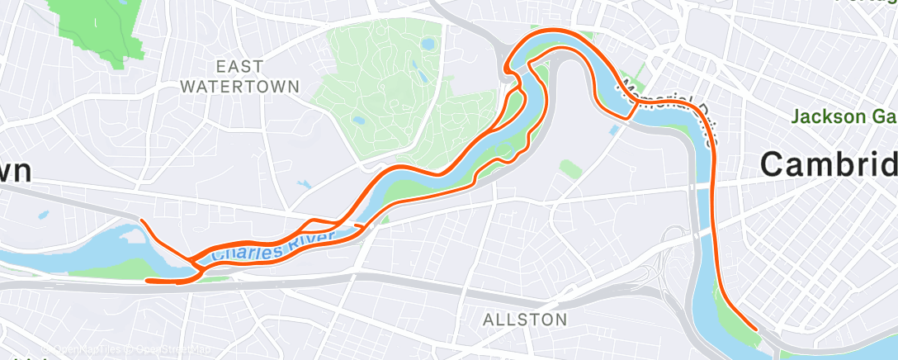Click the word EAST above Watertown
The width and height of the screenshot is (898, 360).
pos(239,66)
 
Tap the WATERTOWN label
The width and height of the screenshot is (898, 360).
pos(239,85)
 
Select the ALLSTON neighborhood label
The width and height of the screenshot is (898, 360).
pos(525,319)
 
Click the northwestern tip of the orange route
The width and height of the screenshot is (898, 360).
pos(141,220)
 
